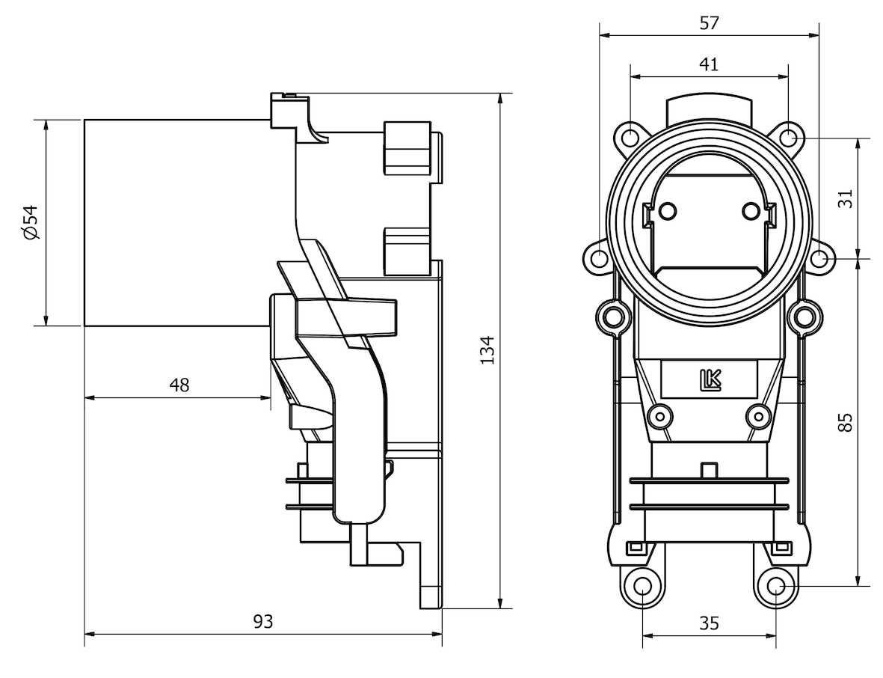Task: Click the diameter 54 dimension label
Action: pos(31,223)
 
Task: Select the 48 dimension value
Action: pos(179,385)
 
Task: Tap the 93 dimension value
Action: pos(262,621)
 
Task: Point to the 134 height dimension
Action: pos(487,350)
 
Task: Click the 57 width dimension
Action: pos(709,23)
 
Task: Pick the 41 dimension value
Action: pos(709,64)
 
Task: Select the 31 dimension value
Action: pos(845,199)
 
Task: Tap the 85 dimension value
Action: pos(845,422)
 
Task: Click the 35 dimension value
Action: pos(709,623)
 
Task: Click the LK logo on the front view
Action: pos(709,380)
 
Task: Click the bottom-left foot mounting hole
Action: pos(642,586)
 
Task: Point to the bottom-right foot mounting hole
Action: pos(776,586)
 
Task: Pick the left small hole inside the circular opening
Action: pos(668,210)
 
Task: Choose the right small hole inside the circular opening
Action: pos(751,210)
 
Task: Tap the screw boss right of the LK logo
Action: pos(758,415)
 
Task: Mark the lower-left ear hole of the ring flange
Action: pos(600,259)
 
